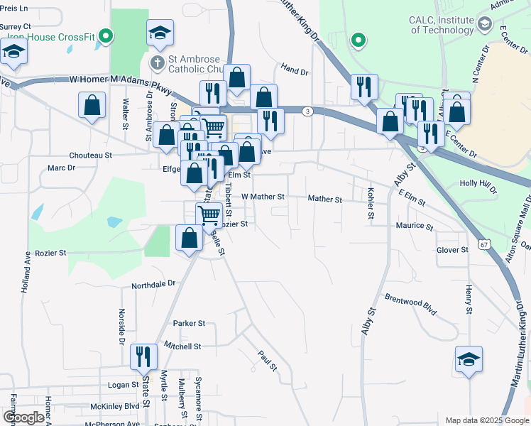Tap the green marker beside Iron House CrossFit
[x=106, y=35]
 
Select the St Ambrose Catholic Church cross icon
[x=156, y=63]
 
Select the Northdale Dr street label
[x=153, y=284]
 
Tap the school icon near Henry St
[x=469, y=359]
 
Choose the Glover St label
[x=452, y=250]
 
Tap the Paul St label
[x=266, y=360]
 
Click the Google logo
[x=23, y=417]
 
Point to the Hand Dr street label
[x=295, y=71]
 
